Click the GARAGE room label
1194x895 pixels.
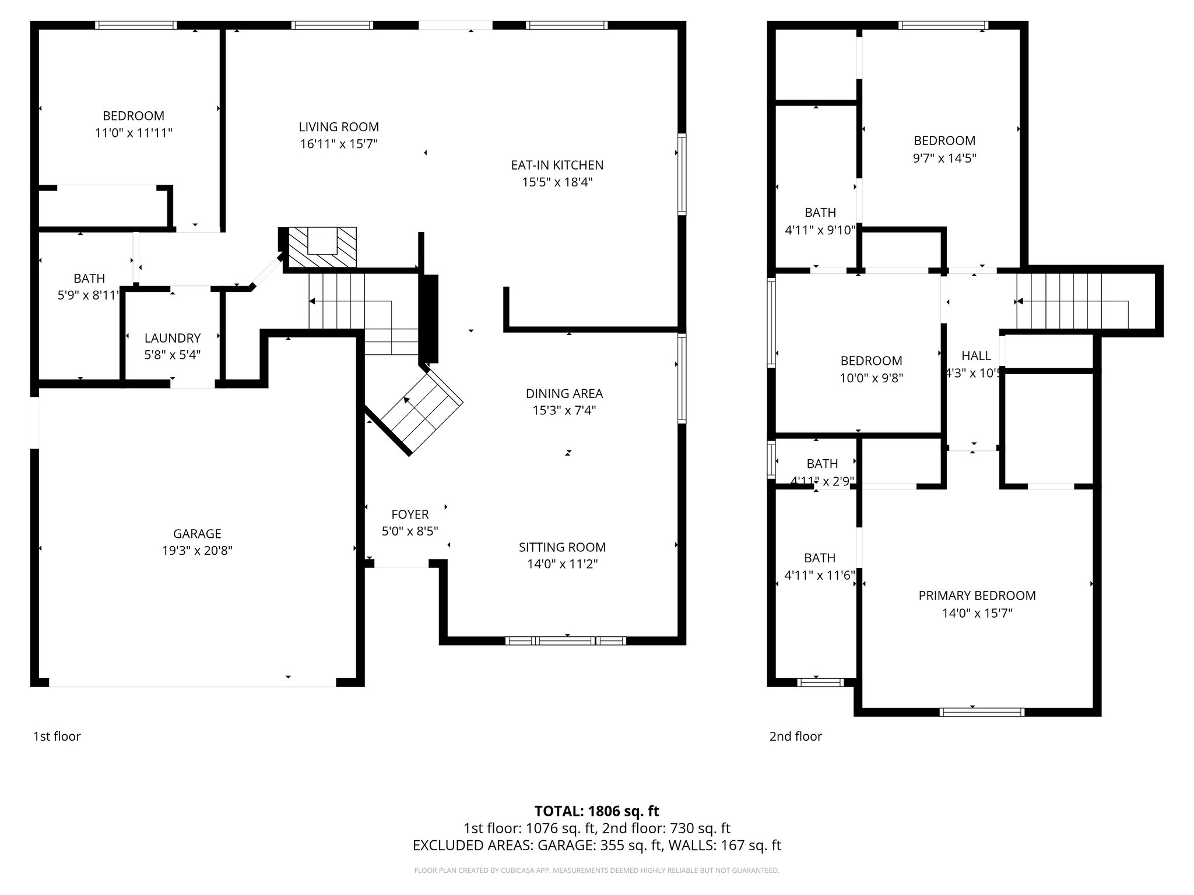point(197,533)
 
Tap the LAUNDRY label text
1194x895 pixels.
point(173,338)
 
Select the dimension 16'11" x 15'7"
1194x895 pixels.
point(339,144)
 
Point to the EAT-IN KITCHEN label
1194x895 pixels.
point(557,165)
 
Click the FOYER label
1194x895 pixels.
point(410,514)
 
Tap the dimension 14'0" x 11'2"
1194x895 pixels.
point(562,564)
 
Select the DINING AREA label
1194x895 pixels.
point(564,393)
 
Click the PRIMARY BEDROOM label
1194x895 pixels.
point(977,596)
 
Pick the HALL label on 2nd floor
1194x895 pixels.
point(976,355)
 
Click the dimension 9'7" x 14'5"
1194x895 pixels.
point(944,158)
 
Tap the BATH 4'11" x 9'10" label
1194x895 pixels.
point(820,213)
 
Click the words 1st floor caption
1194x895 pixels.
point(57,737)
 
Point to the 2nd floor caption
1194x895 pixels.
point(795,737)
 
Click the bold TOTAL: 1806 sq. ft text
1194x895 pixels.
point(596,811)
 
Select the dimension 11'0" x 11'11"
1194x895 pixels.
point(134,133)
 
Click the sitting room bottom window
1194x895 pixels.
point(566,641)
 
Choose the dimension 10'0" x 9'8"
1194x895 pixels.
point(871,378)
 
